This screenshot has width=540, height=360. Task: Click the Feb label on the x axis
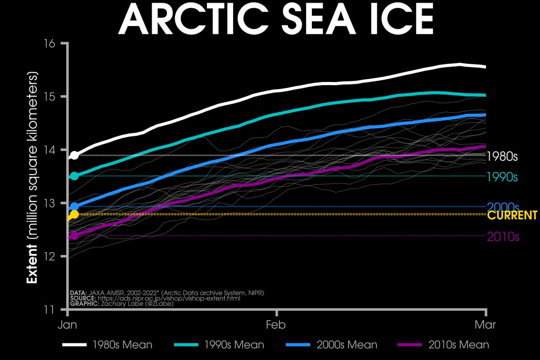[x=277, y=324]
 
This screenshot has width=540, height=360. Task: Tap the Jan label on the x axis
[x=68, y=324]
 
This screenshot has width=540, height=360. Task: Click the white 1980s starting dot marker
[x=75, y=155]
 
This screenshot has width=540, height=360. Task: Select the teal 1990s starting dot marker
[x=75, y=176]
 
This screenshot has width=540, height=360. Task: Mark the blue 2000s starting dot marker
[x=75, y=207]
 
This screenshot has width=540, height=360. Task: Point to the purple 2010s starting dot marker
[x=75, y=235]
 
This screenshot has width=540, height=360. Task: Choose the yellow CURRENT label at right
[x=512, y=215]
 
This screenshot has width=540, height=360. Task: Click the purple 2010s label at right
[x=503, y=237]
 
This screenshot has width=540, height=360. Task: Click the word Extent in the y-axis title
[x=32, y=265]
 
